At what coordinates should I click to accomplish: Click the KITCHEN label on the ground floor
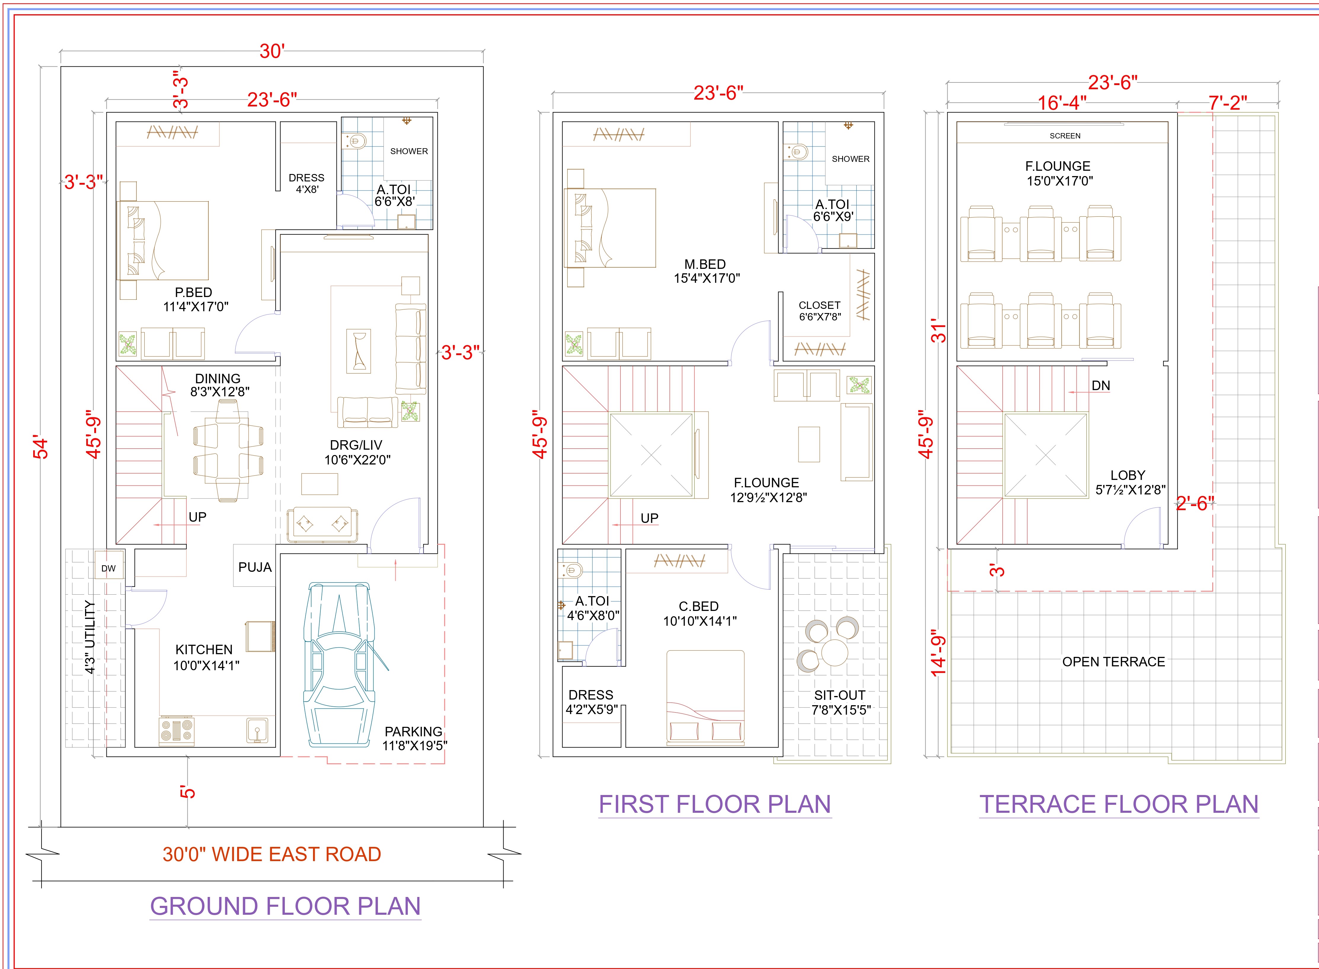point(204,649)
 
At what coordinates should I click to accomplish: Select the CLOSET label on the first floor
point(819,305)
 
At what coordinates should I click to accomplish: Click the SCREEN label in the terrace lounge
point(1065,135)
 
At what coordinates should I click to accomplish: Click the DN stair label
point(1101,385)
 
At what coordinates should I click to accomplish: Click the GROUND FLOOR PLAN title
point(286,906)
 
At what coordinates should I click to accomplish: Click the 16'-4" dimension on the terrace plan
point(1062,103)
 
